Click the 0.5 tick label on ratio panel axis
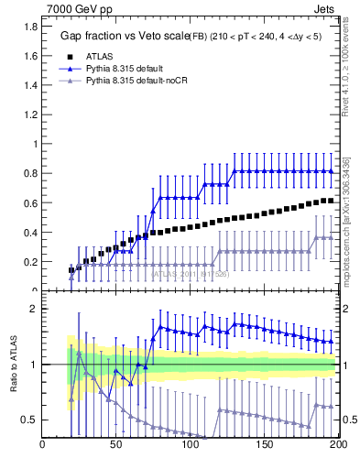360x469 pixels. [x=27, y=420]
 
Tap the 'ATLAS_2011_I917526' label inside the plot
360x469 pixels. [x=190, y=273]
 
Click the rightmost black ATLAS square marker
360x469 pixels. [x=331, y=201]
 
